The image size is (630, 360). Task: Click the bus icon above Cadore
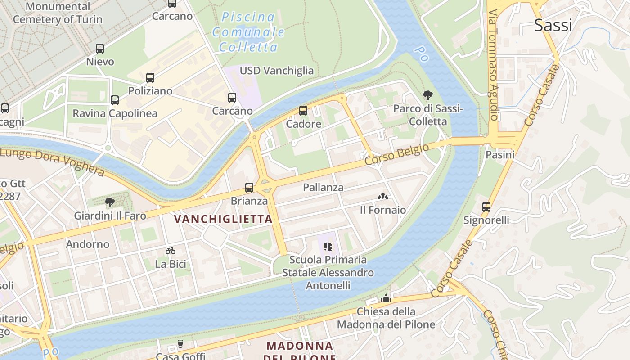point(303,111)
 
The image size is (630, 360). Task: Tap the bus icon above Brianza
point(249,188)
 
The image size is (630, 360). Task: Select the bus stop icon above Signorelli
point(486,207)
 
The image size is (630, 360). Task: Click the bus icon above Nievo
point(100,49)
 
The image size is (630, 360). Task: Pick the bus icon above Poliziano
point(150,78)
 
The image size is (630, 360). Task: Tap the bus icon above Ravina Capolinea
point(115,100)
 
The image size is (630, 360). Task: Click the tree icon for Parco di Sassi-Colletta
point(427,95)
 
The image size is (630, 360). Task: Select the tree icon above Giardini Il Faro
point(110,202)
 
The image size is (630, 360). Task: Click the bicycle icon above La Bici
point(171,251)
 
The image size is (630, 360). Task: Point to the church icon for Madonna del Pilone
point(386,298)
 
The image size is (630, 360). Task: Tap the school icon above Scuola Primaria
point(328,247)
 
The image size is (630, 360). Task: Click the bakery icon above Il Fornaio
point(383,197)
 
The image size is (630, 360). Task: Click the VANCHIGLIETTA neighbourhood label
point(223,219)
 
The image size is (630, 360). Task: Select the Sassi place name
point(553,25)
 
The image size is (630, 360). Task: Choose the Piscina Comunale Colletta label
point(248,32)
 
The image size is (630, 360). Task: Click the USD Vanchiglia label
point(277,71)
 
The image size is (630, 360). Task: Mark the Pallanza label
point(323,187)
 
